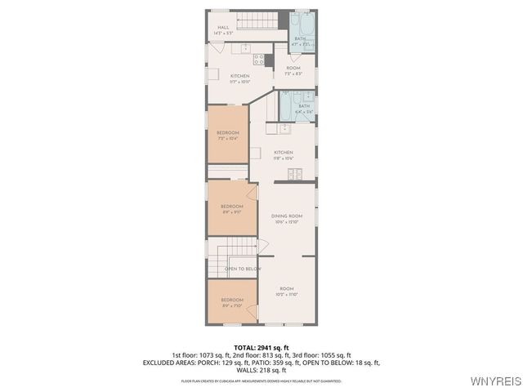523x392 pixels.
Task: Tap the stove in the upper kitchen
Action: [x=258, y=59]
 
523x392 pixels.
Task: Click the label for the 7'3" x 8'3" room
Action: [x=293, y=70]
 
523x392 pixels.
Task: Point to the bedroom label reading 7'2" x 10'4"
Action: [x=228, y=135]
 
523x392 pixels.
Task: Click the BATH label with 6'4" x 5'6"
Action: [x=304, y=108]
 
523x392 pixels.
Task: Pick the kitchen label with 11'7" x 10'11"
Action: [x=239, y=78]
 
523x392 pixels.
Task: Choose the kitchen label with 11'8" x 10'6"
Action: [x=284, y=155]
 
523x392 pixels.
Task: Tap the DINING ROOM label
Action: [x=287, y=218]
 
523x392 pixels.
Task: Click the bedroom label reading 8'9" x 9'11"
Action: [x=232, y=209]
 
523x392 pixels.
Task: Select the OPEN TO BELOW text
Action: [x=243, y=269]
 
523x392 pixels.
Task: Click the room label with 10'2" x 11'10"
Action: [x=287, y=291]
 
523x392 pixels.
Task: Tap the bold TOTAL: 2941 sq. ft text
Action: [x=261, y=348]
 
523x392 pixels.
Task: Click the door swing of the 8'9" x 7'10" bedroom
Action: [x=253, y=311]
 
